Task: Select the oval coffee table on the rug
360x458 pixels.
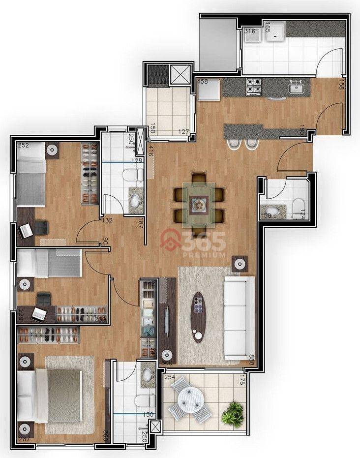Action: point(198,317)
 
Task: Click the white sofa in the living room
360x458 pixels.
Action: point(239,317)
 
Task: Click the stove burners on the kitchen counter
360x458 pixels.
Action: point(254,87)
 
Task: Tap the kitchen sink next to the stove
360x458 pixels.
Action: point(297,88)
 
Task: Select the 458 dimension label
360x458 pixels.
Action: point(202,81)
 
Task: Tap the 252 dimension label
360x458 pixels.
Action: point(23,146)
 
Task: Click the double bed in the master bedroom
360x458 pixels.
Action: point(49,396)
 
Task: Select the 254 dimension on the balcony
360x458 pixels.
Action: point(170,377)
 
